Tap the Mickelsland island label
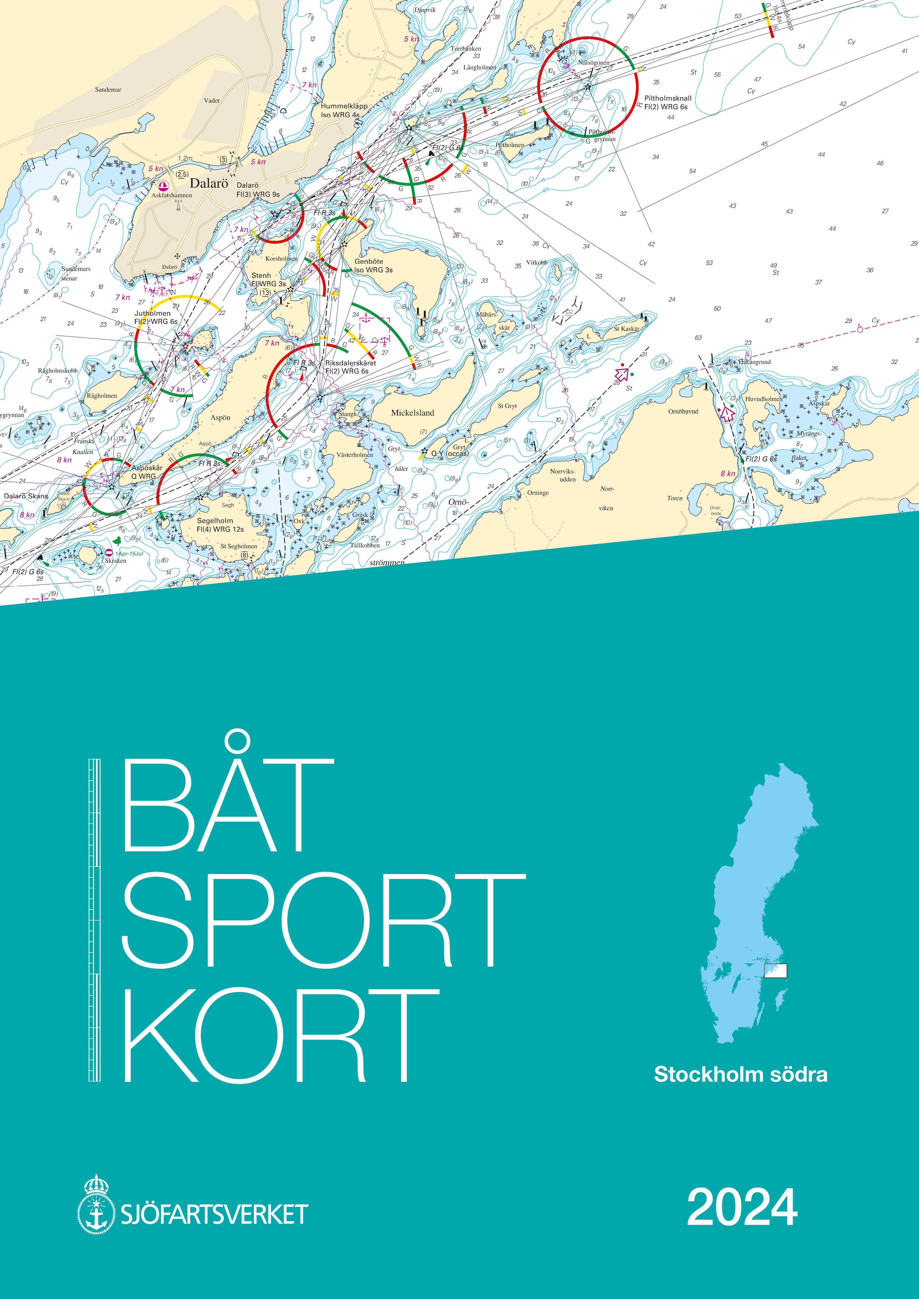(x=413, y=413)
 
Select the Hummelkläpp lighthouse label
(x=343, y=110)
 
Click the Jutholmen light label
(x=155, y=317)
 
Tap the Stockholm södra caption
(x=740, y=1074)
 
